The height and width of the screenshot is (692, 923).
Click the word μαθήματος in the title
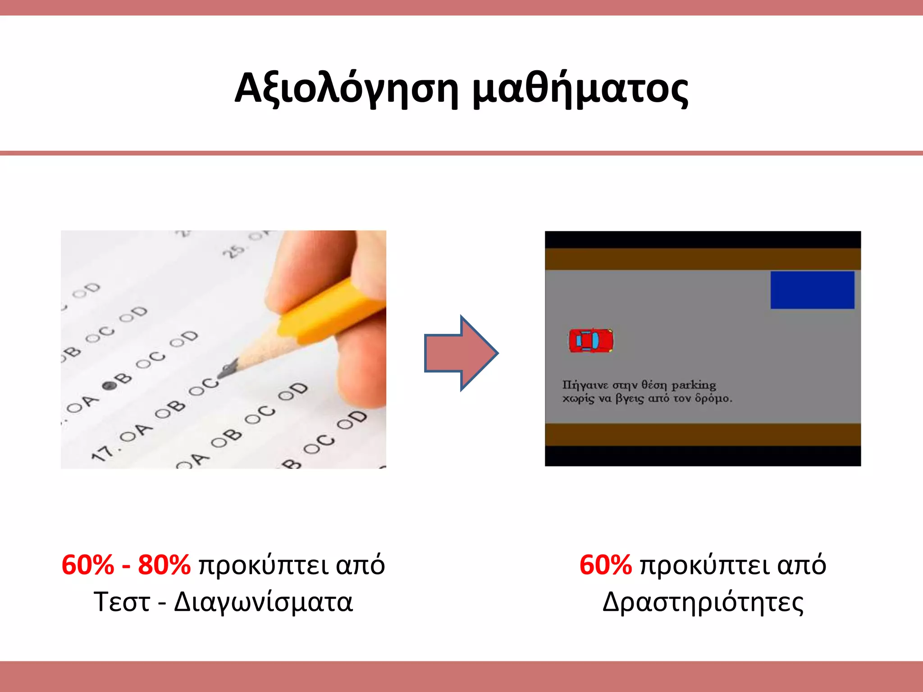tap(580, 88)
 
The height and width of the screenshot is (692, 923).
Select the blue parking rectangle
tap(812, 290)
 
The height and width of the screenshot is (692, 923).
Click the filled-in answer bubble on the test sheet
tap(108, 386)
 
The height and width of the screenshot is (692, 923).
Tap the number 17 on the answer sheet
tap(102, 452)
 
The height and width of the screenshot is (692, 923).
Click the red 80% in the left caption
tap(164, 565)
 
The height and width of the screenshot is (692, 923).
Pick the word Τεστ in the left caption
tap(122, 602)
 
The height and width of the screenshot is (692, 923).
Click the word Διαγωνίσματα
tap(263, 602)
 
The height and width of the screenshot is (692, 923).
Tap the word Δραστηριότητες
tap(703, 602)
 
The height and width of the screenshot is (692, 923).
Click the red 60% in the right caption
tap(605, 565)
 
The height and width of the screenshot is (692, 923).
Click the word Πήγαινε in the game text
tap(585, 385)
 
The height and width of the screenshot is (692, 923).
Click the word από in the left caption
tap(360, 565)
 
